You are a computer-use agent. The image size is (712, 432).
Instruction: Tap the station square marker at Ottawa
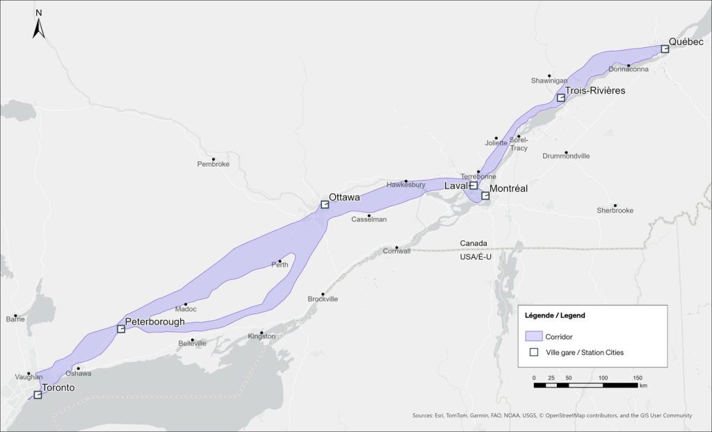coord(324,205)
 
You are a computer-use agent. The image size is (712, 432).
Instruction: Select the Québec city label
coord(686,42)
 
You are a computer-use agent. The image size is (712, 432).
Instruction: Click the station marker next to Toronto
coord(38,395)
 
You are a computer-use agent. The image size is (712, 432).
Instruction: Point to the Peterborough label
coord(155,322)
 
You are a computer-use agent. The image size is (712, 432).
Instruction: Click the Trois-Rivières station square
coord(560,98)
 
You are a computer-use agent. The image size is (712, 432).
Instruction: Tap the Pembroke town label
coord(213,164)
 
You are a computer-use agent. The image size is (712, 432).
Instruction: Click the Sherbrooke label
coord(615,210)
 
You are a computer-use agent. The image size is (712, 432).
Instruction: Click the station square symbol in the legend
coord(534,352)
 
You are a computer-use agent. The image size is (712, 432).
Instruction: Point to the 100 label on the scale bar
coord(603,377)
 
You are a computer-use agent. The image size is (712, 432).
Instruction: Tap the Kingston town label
coord(261,337)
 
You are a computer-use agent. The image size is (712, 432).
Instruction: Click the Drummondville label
coord(565,156)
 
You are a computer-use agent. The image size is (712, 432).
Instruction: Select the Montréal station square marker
coord(485,196)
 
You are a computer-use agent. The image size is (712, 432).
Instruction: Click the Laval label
coord(455,185)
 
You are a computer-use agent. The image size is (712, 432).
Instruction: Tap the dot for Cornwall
coord(396,247)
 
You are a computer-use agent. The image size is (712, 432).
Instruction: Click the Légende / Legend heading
coord(555,315)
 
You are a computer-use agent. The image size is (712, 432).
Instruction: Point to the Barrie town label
coord(15,319)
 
